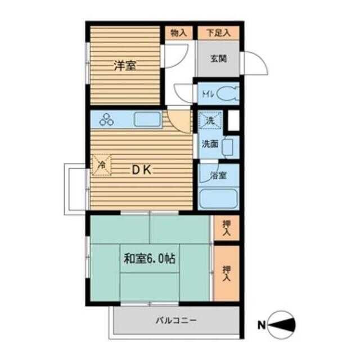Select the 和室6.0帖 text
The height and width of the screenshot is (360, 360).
pyautogui.click(x=149, y=259)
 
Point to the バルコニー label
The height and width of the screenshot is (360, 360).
pyautogui.click(x=176, y=321)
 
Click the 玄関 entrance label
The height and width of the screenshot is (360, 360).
pyautogui.click(x=219, y=58)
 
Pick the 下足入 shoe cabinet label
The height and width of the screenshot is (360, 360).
pyautogui.click(x=218, y=33)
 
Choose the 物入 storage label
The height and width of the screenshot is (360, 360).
pyautogui.click(x=178, y=33)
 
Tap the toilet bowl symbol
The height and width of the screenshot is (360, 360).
pyautogui.click(x=228, y=93)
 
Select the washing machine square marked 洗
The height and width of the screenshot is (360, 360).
pyautogui.click(x=210, y=120)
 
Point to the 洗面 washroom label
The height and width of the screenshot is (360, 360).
pyautogui.click(x=210, y=144)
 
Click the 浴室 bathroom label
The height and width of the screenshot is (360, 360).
pyautogui.click(x=219, y=175)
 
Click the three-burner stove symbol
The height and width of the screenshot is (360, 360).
pyautogui.click(x=107, y=119)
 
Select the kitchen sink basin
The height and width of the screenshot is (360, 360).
pyautogui.click(x=147, y=120)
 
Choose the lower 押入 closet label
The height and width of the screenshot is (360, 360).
pyautogui.click(x=227, y=273)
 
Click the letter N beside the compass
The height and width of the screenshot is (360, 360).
pyautogui.click(x=261, y=325)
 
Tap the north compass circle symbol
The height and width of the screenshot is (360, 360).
pyautogui.click(x=282, y=325)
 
